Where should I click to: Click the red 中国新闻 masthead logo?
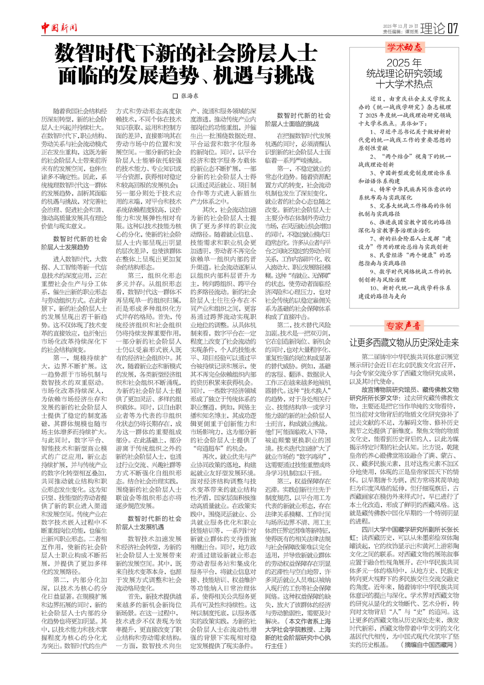pyautogui.click(x=59, y=28)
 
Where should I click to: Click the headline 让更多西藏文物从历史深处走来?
pyautogui.click(x=404, y=343)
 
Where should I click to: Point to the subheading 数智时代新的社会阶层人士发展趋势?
pyautogui.click(x=74, y=243)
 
